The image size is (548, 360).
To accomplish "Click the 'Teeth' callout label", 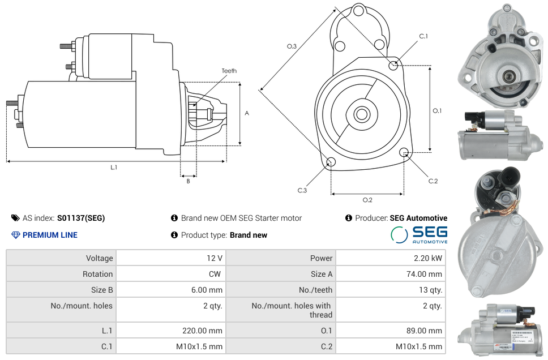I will [229, 71].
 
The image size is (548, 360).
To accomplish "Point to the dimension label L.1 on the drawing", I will [114, 167].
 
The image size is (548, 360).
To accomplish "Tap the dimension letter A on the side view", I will [247, 113].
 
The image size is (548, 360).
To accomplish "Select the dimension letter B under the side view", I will [188, 181].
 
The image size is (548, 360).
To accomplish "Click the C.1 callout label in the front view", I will [423, 36].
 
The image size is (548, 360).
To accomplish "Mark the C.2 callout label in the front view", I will [433, 181].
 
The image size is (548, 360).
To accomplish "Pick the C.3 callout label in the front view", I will [302, 191].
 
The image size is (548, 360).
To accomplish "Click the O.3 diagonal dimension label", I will [292, 46].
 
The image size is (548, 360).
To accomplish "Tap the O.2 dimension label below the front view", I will [367, 200].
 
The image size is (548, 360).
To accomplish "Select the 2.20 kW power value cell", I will [428, 258].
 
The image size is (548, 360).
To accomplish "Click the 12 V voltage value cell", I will [215, 258].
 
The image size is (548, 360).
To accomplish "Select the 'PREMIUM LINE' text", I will [50, 235].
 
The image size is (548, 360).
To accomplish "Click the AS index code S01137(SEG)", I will [81, 218].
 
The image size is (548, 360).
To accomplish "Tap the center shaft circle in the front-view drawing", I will [361, 114].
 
